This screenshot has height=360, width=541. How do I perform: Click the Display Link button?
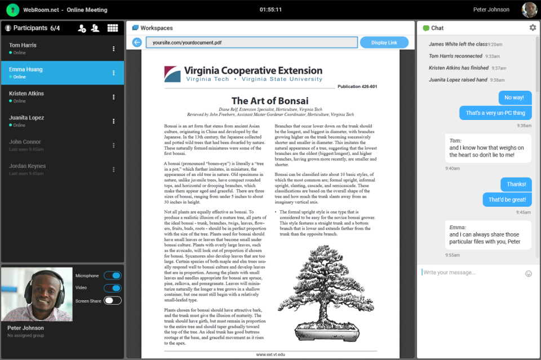pos(384,43)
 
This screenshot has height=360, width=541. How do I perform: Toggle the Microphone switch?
pos(113,275)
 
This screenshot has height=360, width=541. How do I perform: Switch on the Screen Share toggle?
pos(113,301)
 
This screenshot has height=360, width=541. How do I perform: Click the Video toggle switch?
pos(113,288)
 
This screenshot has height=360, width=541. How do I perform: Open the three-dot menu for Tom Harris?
pos(113,49)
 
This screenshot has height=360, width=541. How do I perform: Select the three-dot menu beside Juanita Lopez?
pos(113,121)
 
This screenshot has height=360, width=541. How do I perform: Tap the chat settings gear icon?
pos(533,28)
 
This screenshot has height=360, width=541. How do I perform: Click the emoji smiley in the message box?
pos(529,273)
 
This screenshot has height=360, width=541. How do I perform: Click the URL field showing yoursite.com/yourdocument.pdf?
pos(251,43)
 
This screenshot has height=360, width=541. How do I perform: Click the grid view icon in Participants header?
pos(113,28)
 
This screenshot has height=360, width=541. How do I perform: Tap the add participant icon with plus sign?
pos(82,28)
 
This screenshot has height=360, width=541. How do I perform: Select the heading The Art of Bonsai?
pos(270,101)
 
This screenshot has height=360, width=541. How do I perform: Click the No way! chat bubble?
pos(515,97)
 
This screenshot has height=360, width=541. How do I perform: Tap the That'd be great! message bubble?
pos(507,199)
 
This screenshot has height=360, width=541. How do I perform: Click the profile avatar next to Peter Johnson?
pos(529,10)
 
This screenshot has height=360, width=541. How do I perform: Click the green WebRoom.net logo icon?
pos(13,10)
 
